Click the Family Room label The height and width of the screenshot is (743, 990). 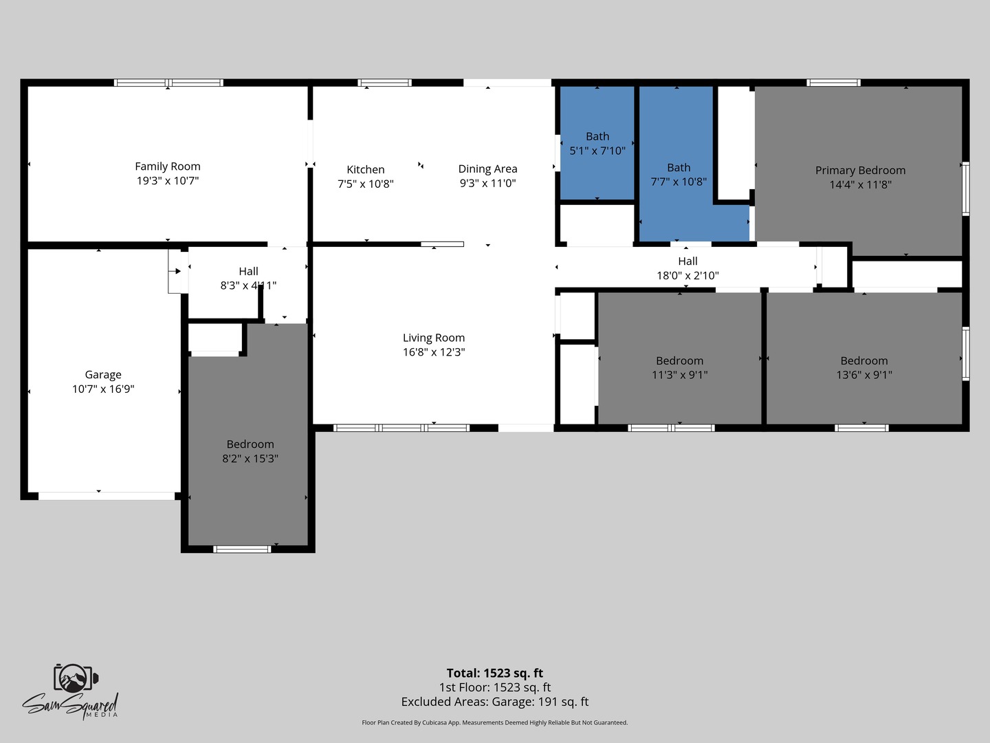168,166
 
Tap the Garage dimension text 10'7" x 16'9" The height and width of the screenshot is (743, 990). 103,389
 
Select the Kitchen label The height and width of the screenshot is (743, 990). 365,170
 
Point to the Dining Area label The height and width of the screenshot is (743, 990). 487,169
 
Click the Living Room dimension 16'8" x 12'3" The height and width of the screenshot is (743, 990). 434,352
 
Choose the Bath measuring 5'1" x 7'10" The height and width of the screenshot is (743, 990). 597,144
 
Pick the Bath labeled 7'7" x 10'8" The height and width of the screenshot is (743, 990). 679,174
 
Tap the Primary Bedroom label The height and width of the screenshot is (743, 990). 860,171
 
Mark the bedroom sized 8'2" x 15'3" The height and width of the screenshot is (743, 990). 250,451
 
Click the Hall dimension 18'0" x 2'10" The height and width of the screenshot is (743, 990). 687,276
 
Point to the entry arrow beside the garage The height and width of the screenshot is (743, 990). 175,271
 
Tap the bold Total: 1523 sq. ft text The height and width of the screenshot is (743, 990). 495,673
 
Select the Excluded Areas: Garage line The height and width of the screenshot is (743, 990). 495,702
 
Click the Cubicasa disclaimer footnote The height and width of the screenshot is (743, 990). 495,722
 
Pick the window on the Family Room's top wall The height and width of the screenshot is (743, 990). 168,83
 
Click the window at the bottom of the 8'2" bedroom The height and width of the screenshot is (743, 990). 242,549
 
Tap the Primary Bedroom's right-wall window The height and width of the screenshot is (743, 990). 966,189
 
